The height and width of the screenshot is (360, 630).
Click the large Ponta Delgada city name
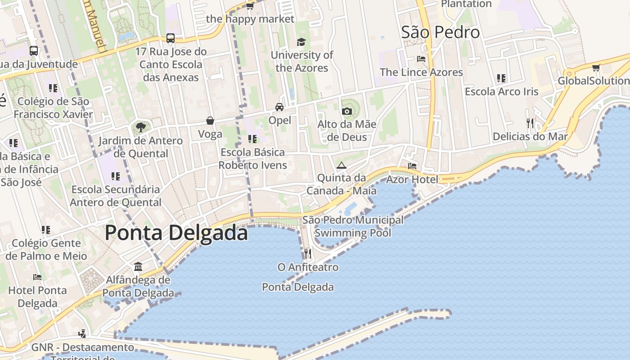pos(176,233)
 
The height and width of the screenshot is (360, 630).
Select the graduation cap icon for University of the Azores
pos(301,42)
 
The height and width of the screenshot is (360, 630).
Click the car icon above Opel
pos(279,107)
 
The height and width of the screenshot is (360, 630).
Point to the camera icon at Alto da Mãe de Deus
pos(346,111)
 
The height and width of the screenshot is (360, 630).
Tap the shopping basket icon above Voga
pos(210,121)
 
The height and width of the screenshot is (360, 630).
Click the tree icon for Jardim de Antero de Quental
pos(140,127)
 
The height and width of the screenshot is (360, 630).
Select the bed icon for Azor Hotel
pos(412,166)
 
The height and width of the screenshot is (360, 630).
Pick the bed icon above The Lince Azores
pos(421,59)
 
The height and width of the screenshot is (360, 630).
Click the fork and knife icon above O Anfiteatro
pos(308,254)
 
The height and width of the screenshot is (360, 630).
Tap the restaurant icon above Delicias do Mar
pos(530,123)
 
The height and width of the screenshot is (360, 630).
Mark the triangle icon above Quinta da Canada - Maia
pos(342,165)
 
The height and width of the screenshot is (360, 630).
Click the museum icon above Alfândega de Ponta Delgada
pos(138,267)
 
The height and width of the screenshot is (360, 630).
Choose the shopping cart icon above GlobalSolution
pos(596,68)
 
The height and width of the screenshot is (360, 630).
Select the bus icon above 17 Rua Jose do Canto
pos(171,38)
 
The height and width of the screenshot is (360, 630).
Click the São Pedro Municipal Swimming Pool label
pos(353,226)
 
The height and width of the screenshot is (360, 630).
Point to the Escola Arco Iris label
pos(501,92)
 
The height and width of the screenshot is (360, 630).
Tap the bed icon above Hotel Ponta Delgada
pos(37,277)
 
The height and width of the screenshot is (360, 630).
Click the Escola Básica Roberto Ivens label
pos(252,159)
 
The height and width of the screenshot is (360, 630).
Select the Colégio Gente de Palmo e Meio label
pos(46,250)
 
